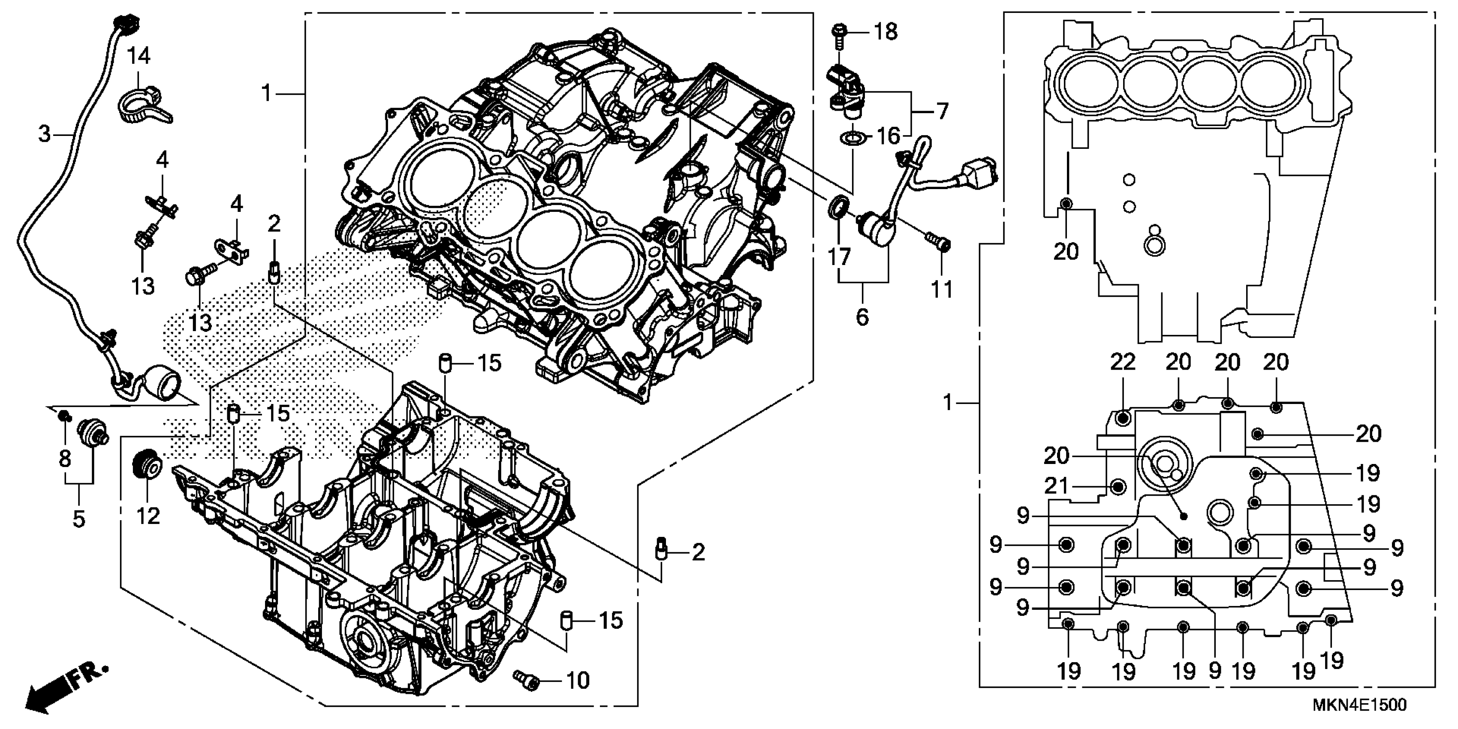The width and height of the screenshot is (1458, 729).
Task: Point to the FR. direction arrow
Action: tap(65, 687)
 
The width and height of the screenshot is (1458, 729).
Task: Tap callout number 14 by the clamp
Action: tap(138, 56)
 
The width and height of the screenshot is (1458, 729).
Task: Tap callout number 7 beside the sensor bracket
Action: tap(941, 111)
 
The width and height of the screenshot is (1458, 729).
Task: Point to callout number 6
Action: tap(862, 317)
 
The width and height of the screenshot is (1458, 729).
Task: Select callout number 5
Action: tap(78, 518)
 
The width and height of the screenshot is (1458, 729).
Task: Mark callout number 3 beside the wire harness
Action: tap(44, 135)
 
